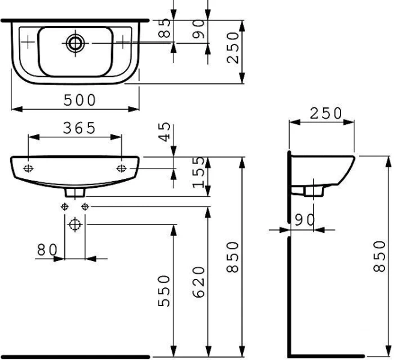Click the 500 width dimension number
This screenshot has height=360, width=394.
(x=80, y=100)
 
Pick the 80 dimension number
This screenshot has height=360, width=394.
(x=47, y=250)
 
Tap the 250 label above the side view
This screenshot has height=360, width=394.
(x=324, y=113)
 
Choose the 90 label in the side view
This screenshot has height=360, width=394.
(x=305, y=220)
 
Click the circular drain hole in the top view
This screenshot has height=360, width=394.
(x=76, y=42)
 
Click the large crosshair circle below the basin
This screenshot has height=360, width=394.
(x=74, y=226)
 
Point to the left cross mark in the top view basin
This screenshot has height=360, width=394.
(x=28, y=41)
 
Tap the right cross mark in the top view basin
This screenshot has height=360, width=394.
(x=123, y=41)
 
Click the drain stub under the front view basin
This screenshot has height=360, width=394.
(x=74, y=192)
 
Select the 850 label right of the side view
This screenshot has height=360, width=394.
(x=378, y=256)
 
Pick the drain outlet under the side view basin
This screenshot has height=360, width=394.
(x=310, y=190)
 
